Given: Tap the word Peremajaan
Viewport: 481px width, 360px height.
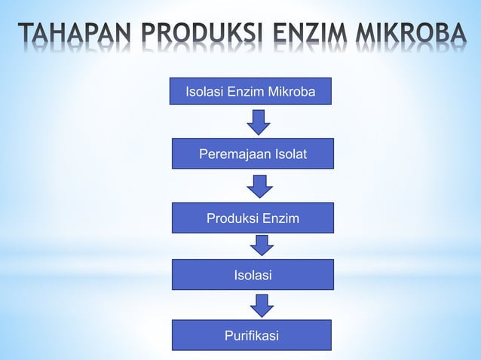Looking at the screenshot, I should tap(232, 154).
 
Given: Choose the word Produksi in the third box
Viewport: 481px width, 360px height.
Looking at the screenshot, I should tap(233, 218).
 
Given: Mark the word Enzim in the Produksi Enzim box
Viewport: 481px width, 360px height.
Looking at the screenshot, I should tap(280, 218).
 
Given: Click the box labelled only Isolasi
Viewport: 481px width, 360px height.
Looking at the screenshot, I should tap(252, 276).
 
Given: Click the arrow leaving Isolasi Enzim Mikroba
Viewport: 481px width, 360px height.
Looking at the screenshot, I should tap(259, 122).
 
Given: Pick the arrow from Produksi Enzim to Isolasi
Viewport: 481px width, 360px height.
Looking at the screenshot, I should tap(262, 246).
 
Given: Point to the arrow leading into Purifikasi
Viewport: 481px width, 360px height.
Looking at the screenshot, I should tap(262, 305).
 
